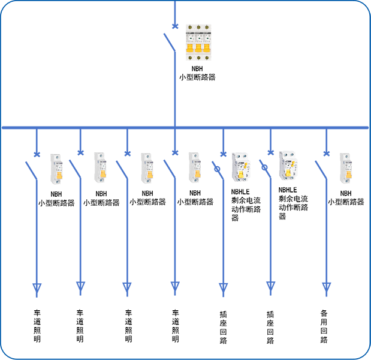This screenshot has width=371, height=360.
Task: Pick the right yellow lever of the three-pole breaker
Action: (206, 47)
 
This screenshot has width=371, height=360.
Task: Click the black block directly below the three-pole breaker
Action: (222, 84)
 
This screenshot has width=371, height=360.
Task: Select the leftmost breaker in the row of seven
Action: (57, 164)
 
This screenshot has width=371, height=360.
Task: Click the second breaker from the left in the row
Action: (99, 164)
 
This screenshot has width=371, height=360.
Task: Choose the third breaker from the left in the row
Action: (146, 164)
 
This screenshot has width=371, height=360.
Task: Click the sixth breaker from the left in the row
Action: (288, 164)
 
